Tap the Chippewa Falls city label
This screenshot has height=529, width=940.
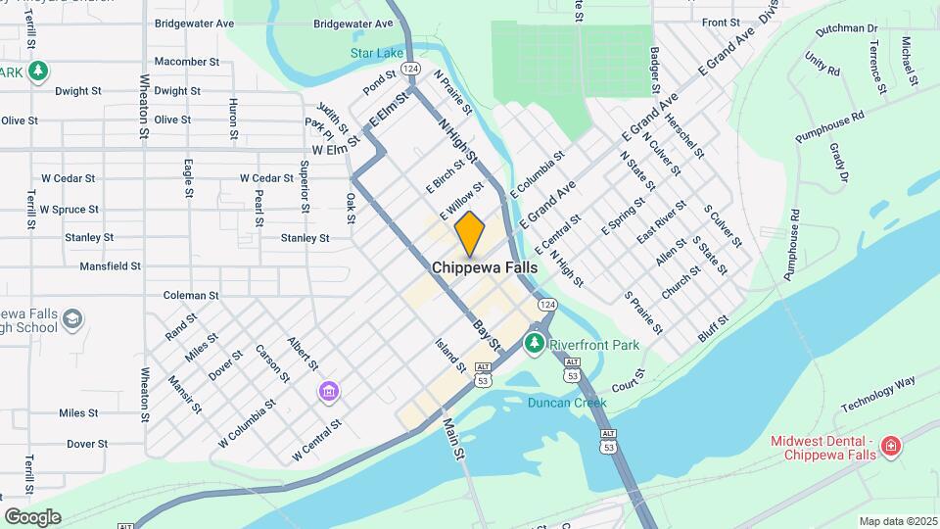click(x=484, y=266)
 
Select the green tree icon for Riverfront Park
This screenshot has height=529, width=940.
click(x=535, y=343)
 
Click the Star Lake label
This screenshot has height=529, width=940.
click(x=376, y=52)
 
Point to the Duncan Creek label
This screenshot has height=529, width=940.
click(x=567, y=403)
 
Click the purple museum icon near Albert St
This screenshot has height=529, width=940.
click(x=329, y=392)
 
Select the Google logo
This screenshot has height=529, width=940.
click(x=32, y=516)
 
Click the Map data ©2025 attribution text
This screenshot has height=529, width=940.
click(x=897, y=521)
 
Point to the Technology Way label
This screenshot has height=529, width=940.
click(x=877, y=393)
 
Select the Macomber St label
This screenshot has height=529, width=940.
click(x=186, y=61)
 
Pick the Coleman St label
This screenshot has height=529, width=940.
click(x=191, y=295)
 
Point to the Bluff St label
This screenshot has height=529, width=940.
click(x=714, y=324)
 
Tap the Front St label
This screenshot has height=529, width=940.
click(x=720, y=22)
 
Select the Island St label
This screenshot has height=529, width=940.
click(x=450, y=356)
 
